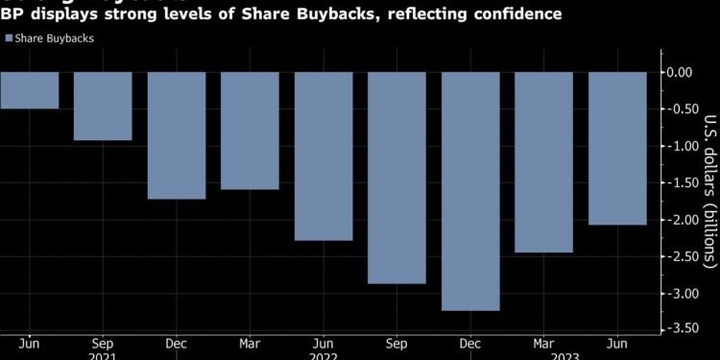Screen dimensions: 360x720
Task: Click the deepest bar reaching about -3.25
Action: coord(470,191)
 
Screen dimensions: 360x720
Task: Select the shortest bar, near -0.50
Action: coord(29,90)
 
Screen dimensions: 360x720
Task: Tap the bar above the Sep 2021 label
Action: coord(103,106)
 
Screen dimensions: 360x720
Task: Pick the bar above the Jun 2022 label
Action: coord(324,156)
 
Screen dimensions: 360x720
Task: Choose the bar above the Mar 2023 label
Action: coord(544,162)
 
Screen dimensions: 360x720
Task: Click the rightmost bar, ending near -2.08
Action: coord(617,148)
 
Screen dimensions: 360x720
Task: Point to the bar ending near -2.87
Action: coord(396,178)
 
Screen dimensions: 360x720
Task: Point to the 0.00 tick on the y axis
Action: coord(680,72)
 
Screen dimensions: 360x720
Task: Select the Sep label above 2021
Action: coord(103,341)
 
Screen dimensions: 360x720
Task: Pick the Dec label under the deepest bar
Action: coord(470,341)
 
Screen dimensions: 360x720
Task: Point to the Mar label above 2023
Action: coord(544,341)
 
